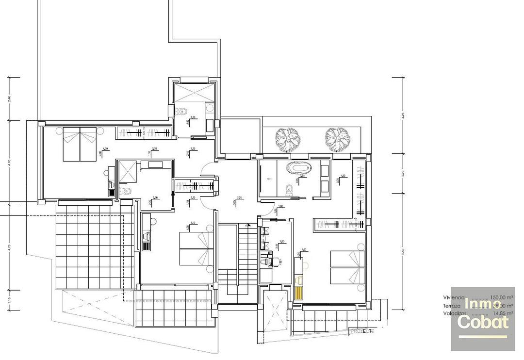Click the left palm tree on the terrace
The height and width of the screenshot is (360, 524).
coord(287,139)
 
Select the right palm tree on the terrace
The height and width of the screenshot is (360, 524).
coord(338,139)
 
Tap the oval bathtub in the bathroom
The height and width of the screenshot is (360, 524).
coord(296,168)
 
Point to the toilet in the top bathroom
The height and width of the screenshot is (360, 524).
coord(183,112)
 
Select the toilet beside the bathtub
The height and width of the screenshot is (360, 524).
coord(289,189)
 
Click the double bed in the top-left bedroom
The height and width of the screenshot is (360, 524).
coord(79,144)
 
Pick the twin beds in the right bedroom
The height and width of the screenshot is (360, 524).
coord(347,267)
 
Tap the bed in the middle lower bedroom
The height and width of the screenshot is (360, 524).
coord(196,248)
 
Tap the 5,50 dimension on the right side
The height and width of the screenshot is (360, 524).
coord(403,252)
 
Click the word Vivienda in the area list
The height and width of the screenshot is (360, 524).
coord(454,297)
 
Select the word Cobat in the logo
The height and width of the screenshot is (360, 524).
coord(483,322)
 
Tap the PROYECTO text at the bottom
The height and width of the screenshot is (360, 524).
coord(362,331)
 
